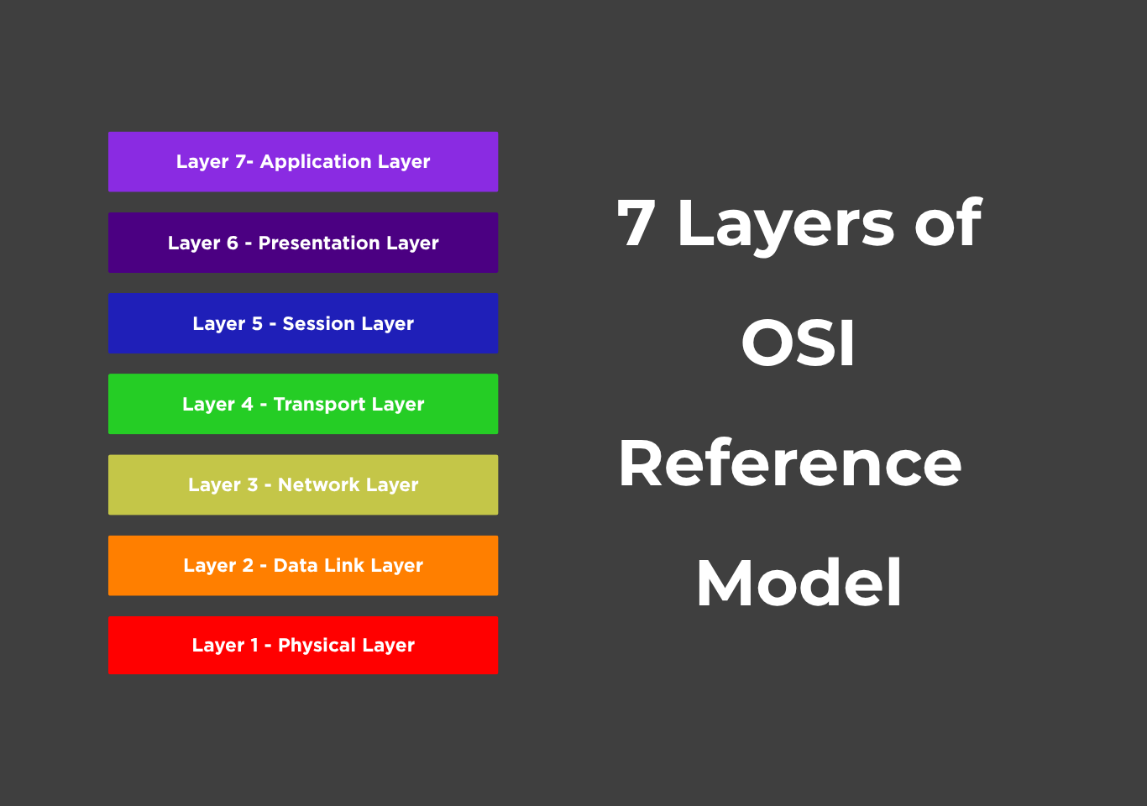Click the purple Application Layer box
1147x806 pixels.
(303, 161)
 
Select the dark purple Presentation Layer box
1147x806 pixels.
(303, 243)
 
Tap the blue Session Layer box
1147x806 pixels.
(303, 323)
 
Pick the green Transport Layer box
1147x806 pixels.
(303, 404)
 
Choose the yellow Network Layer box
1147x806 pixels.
(303, 484)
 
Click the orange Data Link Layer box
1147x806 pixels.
(303, 565)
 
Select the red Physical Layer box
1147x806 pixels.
(303, 645)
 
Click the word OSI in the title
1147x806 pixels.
(798, 343)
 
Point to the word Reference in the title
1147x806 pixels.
(789, 463)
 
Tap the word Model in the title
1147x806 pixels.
(799, 583)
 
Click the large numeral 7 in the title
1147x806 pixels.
(636, 223)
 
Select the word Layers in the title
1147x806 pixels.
(785, 225)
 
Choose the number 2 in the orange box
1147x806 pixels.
(248, 565)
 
